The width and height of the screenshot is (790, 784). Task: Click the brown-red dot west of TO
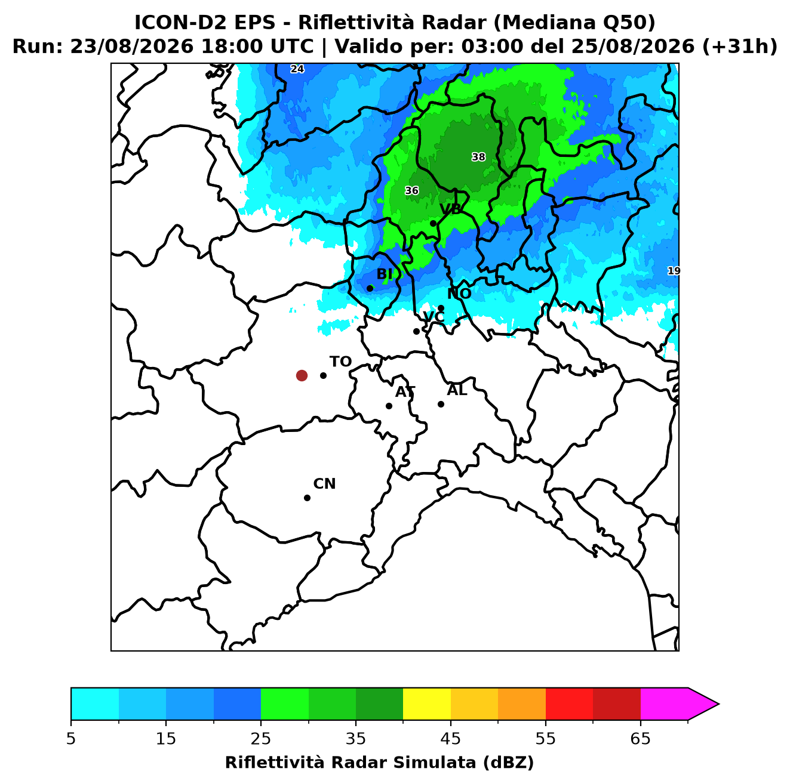[302, 375]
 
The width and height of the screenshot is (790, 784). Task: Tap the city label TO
[340, 362]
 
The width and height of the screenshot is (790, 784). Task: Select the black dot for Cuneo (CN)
[307, 498]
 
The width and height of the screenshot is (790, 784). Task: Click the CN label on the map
[324, 484]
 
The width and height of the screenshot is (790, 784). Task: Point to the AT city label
[405, 392]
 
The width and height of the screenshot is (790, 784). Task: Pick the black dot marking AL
[441, 404]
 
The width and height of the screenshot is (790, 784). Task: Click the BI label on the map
[384, 274]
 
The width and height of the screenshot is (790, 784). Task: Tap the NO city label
[459, 294]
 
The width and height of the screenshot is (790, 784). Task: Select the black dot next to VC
[416, 331]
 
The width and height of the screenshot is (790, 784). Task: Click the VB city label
[451, 209]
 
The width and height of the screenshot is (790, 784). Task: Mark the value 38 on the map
[478, 157]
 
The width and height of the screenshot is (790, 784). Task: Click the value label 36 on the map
[411, 190]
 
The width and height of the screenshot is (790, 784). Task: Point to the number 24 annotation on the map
[297, 69]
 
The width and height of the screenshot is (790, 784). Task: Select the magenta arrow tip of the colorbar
[718, 704]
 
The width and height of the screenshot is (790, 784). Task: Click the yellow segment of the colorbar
[427, 704]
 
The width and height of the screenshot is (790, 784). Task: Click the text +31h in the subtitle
[740, 47]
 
